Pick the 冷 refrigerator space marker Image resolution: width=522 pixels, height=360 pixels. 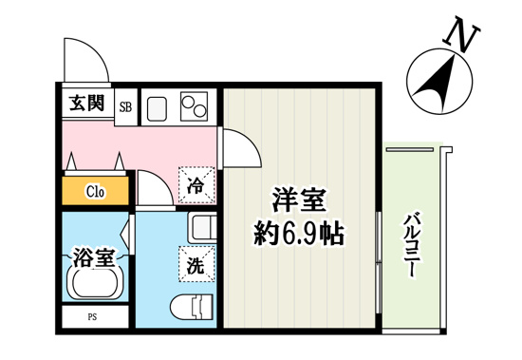[196, 183]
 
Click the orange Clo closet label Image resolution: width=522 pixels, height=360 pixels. [96, 191]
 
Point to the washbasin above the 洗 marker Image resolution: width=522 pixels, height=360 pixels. [202, 229]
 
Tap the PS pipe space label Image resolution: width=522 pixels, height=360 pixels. [94, 317]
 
